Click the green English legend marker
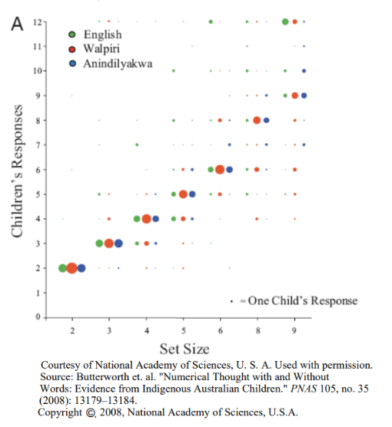72,35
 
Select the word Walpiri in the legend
101,48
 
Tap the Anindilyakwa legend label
118,64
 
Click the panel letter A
17,24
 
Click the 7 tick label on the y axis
38,145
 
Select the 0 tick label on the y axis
38,317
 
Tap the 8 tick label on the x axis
257,331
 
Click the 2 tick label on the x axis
72,331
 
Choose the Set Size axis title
184,349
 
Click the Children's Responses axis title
17,170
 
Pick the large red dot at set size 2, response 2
72,268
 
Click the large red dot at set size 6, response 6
220,170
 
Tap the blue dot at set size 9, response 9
304,95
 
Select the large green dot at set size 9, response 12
285,22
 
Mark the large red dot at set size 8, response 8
257,120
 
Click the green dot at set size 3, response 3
99,243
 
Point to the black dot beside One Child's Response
231,301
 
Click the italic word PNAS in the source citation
304,389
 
